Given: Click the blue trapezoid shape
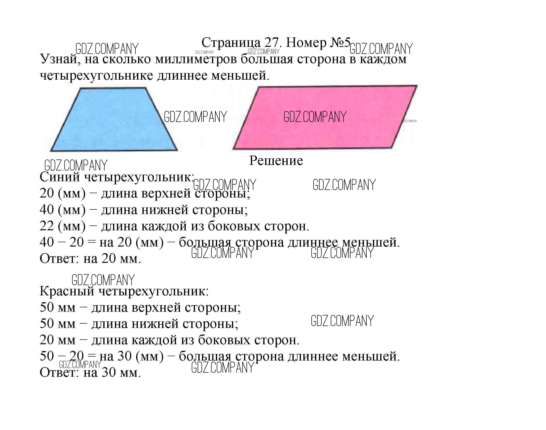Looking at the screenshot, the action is coord(114,120).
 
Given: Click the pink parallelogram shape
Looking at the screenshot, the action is coord(325,117).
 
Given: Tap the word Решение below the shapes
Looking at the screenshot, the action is coord(276,161).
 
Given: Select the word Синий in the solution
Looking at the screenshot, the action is coord(60,177).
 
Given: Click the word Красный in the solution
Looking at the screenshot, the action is coord(67,291).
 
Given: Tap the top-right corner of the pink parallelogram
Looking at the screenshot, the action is coord(417,86).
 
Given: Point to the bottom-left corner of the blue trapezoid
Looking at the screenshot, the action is coord(50,151).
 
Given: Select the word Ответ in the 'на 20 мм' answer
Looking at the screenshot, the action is coord(60,258).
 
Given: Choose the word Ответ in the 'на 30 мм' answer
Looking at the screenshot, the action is coord(60,373).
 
